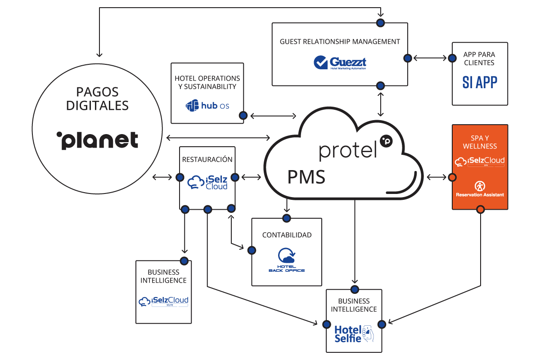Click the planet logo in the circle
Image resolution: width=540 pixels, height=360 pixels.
click(97, 140)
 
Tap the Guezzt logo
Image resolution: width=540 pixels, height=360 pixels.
click(340, 63)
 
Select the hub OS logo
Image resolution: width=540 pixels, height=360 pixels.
click(207, 106)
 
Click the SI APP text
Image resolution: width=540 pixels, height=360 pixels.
click(480, 82)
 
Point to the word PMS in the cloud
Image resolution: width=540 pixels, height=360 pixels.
click(306, 177)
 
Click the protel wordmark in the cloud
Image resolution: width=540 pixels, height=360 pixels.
click(347, 150)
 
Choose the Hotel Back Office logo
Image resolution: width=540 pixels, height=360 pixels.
click(287, 260)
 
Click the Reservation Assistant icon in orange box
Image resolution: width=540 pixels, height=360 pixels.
click(480, 186)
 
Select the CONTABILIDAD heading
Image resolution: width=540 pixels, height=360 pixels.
click(287, 235)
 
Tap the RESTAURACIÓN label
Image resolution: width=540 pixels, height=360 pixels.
click(207, 159)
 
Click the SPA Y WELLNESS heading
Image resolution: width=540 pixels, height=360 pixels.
click(480, 142)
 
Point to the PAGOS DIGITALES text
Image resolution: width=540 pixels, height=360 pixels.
click(97, 99)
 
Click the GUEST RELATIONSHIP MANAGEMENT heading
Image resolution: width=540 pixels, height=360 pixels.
click(340, 41)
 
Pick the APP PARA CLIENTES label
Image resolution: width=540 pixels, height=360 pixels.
click(480, 58)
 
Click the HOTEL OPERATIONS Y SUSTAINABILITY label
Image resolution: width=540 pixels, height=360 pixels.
click(207, 82)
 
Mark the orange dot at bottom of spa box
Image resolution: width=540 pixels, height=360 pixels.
click(480, 209)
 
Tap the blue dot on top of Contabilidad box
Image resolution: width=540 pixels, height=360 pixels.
click(287, 218)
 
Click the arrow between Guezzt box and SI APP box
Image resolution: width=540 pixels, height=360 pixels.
click(430, 58)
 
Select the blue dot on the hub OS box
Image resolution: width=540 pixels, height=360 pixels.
click(243, 116)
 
